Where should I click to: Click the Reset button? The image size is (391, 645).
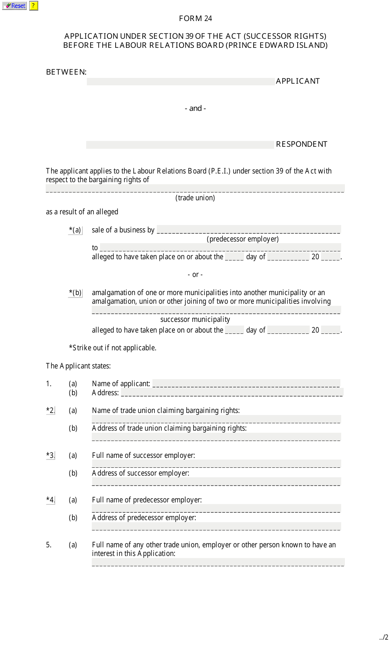click(15, 6)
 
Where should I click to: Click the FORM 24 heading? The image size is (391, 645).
click(195, 19)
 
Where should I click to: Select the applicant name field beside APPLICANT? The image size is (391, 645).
click(181, 82)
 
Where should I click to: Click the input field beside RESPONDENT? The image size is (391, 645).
click(180, 145)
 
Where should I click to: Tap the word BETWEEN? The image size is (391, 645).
click(66, 72)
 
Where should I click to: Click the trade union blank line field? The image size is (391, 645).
click(195, 188)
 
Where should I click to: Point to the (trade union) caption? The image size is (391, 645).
click(195, 198)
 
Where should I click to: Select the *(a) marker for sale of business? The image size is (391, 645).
click(75, 230)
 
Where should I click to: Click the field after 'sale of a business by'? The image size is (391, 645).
click(249, 230)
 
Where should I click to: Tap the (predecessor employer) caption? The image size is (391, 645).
click(242, 239)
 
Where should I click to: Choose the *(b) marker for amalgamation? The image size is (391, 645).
click(75, 293)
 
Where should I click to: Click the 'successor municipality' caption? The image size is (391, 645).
click(195, 319)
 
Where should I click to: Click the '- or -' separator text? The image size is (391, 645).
click(195, 274)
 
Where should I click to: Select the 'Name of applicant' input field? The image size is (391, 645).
click(246, 383)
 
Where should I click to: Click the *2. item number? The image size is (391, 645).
click(50, 410)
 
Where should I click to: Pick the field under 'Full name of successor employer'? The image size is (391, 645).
click(216, 464)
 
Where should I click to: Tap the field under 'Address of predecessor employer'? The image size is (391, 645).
click(216, 526)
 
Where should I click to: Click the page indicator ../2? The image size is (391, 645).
click(384, 637)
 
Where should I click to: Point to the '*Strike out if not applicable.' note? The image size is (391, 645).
click(112, 348)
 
